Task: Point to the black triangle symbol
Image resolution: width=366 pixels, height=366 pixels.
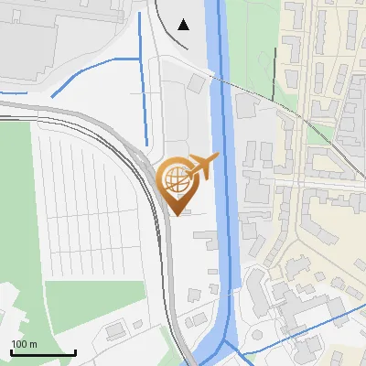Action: pyautogui.click(x=184, y=25)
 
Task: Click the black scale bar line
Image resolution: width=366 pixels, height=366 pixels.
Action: pyautogui.click(x=43, y=353)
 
